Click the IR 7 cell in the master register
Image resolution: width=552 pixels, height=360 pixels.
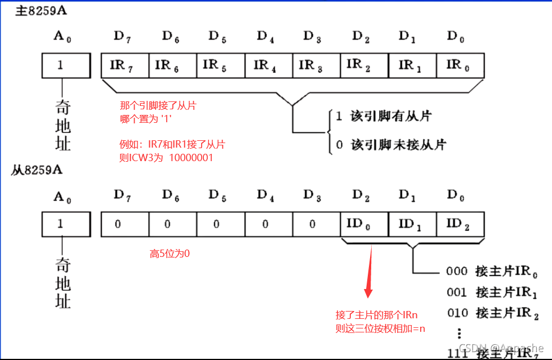pyautogui.click(x=124, y=65)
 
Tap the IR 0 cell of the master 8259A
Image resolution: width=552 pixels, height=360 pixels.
pyautogui.click(x=460, y=65)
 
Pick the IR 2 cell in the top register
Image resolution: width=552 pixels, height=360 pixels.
pyautogui.click(x=364, y=65)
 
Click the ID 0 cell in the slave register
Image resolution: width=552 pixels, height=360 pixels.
pyautogui.click(x=364, y=224)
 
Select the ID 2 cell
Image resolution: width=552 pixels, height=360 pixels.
pyautogui.click(x=460, y=224)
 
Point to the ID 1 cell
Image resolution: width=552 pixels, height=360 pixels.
pyautogui.click(x=412, y=224)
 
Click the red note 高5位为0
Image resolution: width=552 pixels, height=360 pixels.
pyautogui.click(x=170, y=254)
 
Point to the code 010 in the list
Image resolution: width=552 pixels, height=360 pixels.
pyautogui.click(x=457, y=313)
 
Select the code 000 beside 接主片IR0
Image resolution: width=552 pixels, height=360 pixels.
pyautogui.click(x=457, y=271)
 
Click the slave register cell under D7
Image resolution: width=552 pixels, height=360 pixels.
pyautogui.click(x=118, y=224)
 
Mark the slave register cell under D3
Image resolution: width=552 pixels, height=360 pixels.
pyautogui.click(x=313, y=224)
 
